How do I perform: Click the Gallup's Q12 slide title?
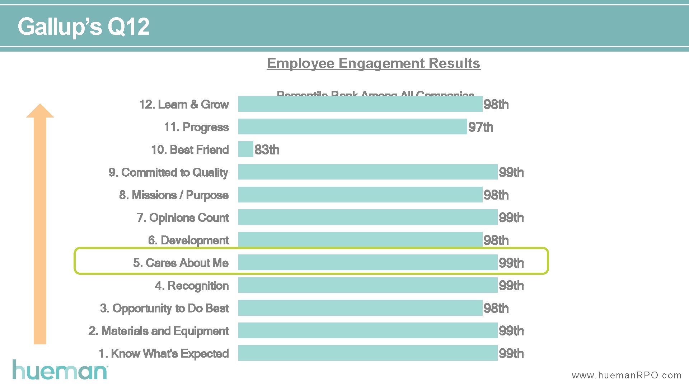pyautogui.click(x=83, y=27)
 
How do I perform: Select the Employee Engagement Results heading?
pyautogui.click(x=374, y=63)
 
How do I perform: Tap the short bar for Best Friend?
pyautogui.click(x=246, y=149)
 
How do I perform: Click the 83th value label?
pyautogui.click(x=267, y=150)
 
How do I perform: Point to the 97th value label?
pyautogui.click(x=481, y=127)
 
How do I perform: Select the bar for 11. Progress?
pyautogui.click(x=352, y=127)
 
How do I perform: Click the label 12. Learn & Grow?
pyautogui.click(x=184, y=104)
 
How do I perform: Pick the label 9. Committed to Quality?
pyautogui.click(x=168, y=172)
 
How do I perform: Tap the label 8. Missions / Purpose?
pyautogui.click(x=174, y=195)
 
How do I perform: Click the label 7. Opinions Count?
pyautogui.click(x=183, y=218)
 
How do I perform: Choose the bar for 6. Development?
pyautogui.click(x=360, y=239)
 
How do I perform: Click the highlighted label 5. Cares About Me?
pyautogui.click(x=181, y=263)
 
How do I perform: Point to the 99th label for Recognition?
pyautogui.click(x=511, y=286)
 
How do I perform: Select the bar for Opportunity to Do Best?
pyautogui.click(x=360, y=308)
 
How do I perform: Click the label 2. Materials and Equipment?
pyautogui.click(x=158, y=331)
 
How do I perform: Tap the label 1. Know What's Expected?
pyautogui.click(x=163, y=353)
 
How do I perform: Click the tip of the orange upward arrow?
pyautogui.click(x=40, y=106)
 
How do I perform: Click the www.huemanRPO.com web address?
pyautogui.click(x=626, y=375)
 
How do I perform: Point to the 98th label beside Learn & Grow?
pyautogui.click(x=496, y=105)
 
